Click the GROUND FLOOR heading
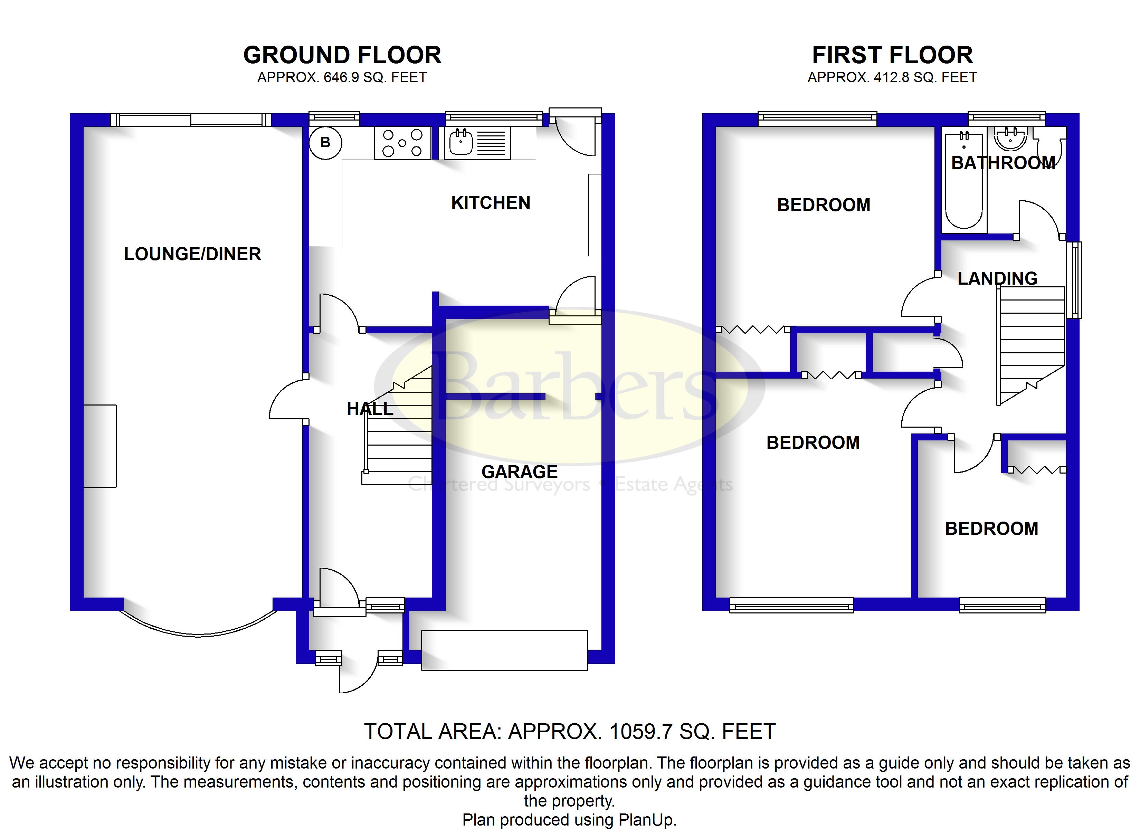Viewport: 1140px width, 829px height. tap(342, 55)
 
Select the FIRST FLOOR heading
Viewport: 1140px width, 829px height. tap(892, 55)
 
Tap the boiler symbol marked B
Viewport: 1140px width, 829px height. tap(325, 143)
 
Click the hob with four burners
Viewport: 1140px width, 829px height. tap(402, 143)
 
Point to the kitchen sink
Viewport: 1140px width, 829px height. tap(477, 143)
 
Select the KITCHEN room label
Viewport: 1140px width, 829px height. tap(491, 203)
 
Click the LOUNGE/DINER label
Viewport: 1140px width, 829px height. tap(192, 254)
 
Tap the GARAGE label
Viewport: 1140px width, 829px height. tap(520, 472)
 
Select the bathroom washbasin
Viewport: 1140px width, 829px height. tap(1011, 138)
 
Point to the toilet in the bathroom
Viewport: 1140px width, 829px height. tap(1049, 148)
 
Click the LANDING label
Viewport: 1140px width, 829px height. tap(997, 278)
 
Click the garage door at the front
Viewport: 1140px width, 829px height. tap(504, 650)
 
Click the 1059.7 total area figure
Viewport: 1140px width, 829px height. tap(641, 732)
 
